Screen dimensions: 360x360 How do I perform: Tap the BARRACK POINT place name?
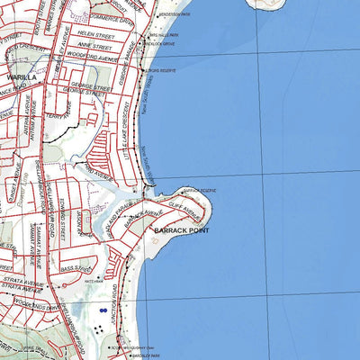click(181, 232)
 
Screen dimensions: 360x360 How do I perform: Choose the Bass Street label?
click(70, 268)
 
